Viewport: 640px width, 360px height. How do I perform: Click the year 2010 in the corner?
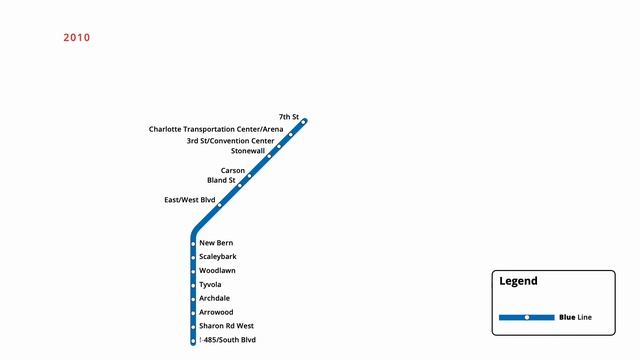coord(77,38)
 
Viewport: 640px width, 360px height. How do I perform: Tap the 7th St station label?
coord(289,117)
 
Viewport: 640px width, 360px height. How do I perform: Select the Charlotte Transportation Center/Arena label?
coord(216,129)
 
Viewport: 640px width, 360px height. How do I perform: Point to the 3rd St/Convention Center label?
coord(230,141)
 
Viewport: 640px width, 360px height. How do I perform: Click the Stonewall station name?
coord(248,152)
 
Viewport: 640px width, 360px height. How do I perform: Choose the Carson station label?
coord(233,171)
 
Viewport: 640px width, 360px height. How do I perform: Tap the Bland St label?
coord(221,181)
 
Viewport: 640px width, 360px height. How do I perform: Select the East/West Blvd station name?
coord(190,200)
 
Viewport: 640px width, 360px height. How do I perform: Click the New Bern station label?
coord(216,243)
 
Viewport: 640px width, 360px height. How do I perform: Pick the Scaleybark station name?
coord(218,257)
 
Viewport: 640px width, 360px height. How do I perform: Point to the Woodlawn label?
coord(217,271)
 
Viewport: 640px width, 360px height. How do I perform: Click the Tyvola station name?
coord(210,285)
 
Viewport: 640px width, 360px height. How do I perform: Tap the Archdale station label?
coord(214,298)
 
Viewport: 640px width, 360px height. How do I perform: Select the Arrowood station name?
coord(216,312)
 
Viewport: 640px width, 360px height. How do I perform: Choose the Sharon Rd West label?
coord(226,326)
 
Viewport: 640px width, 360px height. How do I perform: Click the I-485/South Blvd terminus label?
coord(228,340)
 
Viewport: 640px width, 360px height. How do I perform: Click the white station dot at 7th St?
coord(303,123)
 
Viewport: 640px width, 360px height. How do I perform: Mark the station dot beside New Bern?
coord(193,244)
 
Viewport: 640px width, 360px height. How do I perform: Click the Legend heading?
coord(518,282)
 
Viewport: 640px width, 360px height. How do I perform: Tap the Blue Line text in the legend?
coord(576,317)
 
